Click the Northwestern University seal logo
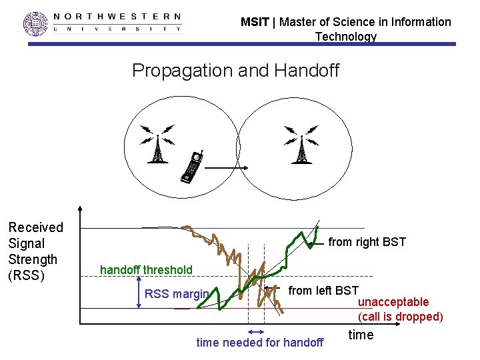[36, 23]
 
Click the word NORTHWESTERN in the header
[117, 16]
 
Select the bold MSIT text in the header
[255, 22]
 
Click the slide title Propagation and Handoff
[235, 71]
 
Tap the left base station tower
[157, 144]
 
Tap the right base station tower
[301, 144]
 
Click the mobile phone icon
[192, 167]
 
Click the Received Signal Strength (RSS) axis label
[35, 251]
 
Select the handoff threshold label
[146, 270]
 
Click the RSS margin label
[177, 294]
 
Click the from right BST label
[367, 243]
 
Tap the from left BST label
[323, 291]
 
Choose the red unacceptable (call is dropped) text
[400, 309]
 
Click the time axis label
[361, 335]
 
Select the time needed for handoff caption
[259, 343]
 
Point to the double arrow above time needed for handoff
[256, 331]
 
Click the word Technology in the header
[345, 37]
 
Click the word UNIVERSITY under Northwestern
[117, 29]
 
